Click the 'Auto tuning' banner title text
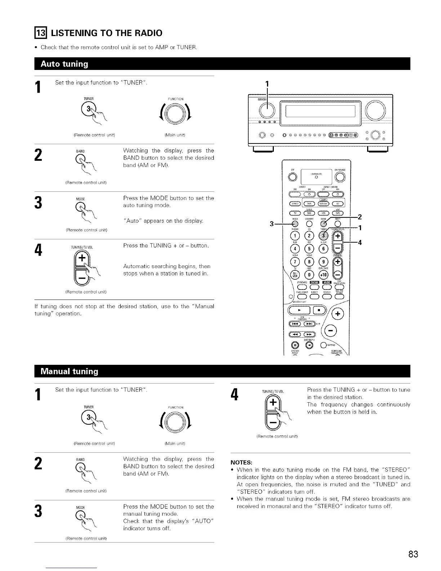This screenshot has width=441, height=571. click(64, 64)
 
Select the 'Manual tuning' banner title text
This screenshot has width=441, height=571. click(70, 372)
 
